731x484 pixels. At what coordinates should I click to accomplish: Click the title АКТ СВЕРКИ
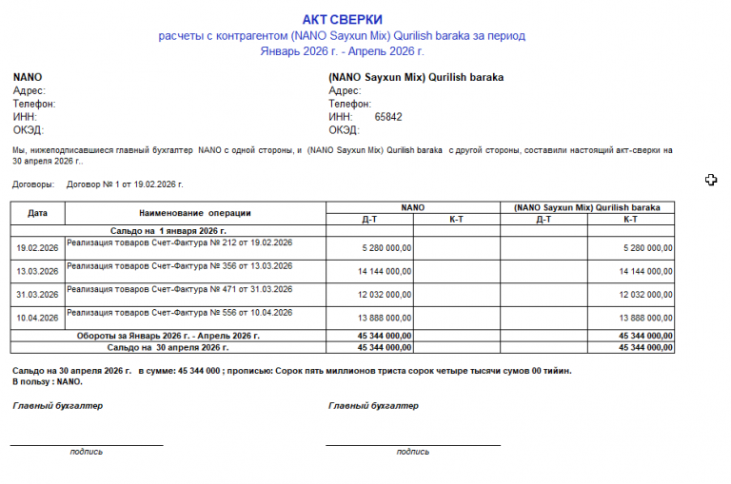343,20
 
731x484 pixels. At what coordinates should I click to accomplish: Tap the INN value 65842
388,117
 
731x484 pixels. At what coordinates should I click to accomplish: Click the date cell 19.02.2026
38,247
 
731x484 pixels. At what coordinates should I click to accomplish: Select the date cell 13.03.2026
38,271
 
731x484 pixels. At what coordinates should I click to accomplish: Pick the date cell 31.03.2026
38,295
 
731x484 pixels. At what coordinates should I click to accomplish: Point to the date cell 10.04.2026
38,319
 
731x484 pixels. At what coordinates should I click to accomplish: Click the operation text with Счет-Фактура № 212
180,242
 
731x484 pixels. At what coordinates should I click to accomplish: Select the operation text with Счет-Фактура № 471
180,289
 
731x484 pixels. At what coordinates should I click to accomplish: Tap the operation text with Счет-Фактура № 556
180,313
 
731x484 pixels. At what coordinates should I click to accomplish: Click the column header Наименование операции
194,213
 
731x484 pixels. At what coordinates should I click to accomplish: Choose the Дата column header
38,213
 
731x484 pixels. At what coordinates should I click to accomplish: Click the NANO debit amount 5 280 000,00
386,248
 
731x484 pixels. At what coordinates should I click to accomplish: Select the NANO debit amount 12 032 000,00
385,295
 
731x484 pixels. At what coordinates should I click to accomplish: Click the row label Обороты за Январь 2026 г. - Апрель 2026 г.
168,336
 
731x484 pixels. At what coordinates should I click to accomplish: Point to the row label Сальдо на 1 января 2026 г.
168,230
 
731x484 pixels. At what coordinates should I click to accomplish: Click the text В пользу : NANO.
48,381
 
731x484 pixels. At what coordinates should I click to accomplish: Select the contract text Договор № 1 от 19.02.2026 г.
125,184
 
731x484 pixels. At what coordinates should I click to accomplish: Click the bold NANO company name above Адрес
28,77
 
